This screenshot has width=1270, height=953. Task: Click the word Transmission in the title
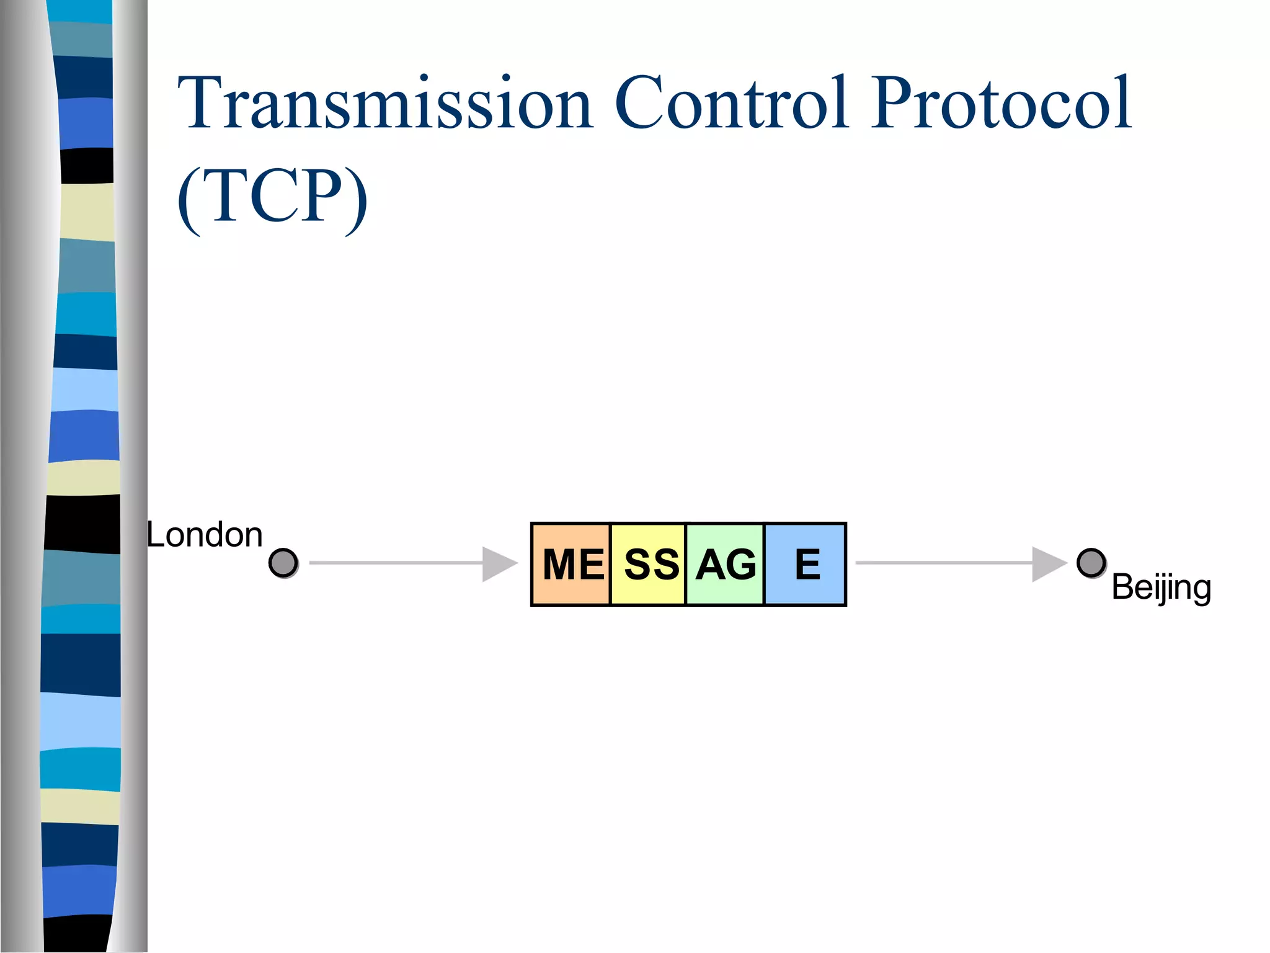tap(385, 103)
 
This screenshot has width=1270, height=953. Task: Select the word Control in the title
tap(732, 103)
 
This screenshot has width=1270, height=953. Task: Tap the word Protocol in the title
tap(1001, 103)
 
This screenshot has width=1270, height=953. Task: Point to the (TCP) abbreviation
tap(273, 197)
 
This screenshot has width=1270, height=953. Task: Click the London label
tap(205, 535)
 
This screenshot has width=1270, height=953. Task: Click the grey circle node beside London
tap(283, 563)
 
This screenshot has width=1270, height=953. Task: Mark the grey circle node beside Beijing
tap(1091, 563)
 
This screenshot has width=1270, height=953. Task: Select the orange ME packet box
tap(572, 564)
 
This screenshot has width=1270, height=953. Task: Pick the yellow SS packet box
tap(649, 564)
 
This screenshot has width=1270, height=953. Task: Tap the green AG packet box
tap(725, 564)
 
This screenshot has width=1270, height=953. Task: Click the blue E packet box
tap(806, 564)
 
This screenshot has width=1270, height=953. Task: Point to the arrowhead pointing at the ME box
tap(498, 564)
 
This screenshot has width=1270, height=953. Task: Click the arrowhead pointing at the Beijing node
tap(1048, 564)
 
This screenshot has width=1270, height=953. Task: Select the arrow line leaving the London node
tap(397, 563)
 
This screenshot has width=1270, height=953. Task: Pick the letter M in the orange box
tap(560, 565)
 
